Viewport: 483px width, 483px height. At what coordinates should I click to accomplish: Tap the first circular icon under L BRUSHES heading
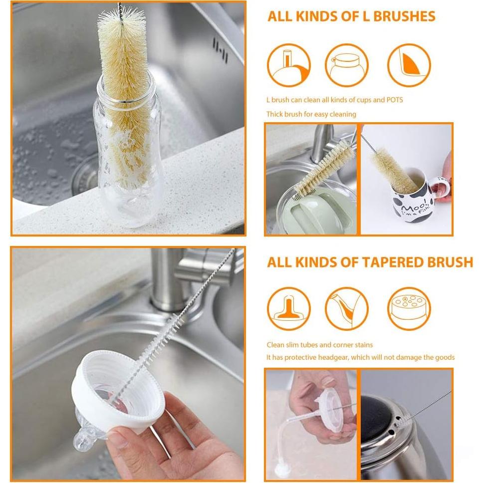pos(288,65)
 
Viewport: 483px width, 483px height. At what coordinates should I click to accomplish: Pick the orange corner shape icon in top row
pos(409,65)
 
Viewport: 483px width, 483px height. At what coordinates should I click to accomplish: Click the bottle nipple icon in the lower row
pos(288,308)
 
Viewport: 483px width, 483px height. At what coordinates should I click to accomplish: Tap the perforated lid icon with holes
pos(409,308)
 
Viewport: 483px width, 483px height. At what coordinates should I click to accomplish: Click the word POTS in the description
pos(395,100)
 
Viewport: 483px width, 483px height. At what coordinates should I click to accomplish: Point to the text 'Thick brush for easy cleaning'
pos(311,114)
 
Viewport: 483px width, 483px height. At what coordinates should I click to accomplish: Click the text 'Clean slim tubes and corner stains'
pos(319,345)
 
